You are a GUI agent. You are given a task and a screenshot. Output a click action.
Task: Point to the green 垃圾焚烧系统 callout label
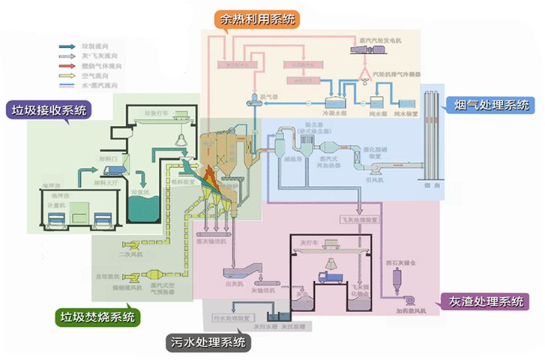(x=97, y=317)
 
